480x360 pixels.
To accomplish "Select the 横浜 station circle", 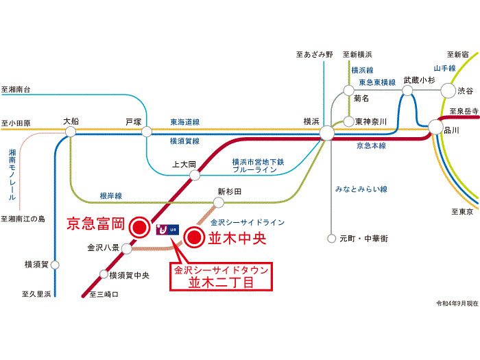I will (x=327, y=132).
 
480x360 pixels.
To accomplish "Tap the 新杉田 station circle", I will (x=219, y=203).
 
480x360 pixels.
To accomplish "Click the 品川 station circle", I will (x=436, y=128).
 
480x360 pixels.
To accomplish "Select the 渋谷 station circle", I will (x=448, y=90).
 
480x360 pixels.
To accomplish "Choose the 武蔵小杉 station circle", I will (x=409, y=90).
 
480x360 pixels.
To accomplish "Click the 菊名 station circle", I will (x=348, y=89).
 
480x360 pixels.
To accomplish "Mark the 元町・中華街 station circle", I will (x=333, y=239).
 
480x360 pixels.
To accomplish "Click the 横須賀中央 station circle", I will (x=104, y=275).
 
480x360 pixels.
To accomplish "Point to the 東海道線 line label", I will (x=184, y=122).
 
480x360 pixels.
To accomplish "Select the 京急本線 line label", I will (x=371, y=146).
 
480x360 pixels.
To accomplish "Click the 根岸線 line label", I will (x=110, y=196).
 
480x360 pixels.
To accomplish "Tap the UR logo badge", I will (x=168, y=230).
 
